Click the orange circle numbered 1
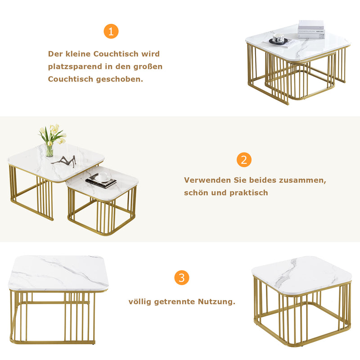[111, 31]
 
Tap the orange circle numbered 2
[244, 160]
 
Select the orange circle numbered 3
[181, 278]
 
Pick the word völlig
[140, 301]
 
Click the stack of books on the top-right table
[310, 29]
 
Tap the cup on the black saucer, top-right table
[279, 40]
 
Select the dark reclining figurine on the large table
[64, 161]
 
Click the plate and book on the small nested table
[101, 180]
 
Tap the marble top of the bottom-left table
[58, 272]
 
